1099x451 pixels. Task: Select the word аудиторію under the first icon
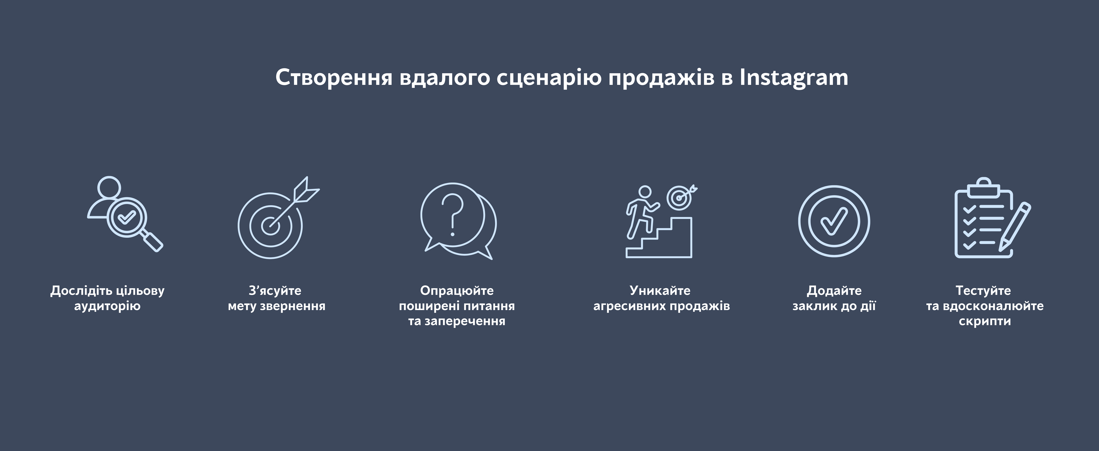107,306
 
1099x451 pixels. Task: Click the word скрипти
985,321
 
